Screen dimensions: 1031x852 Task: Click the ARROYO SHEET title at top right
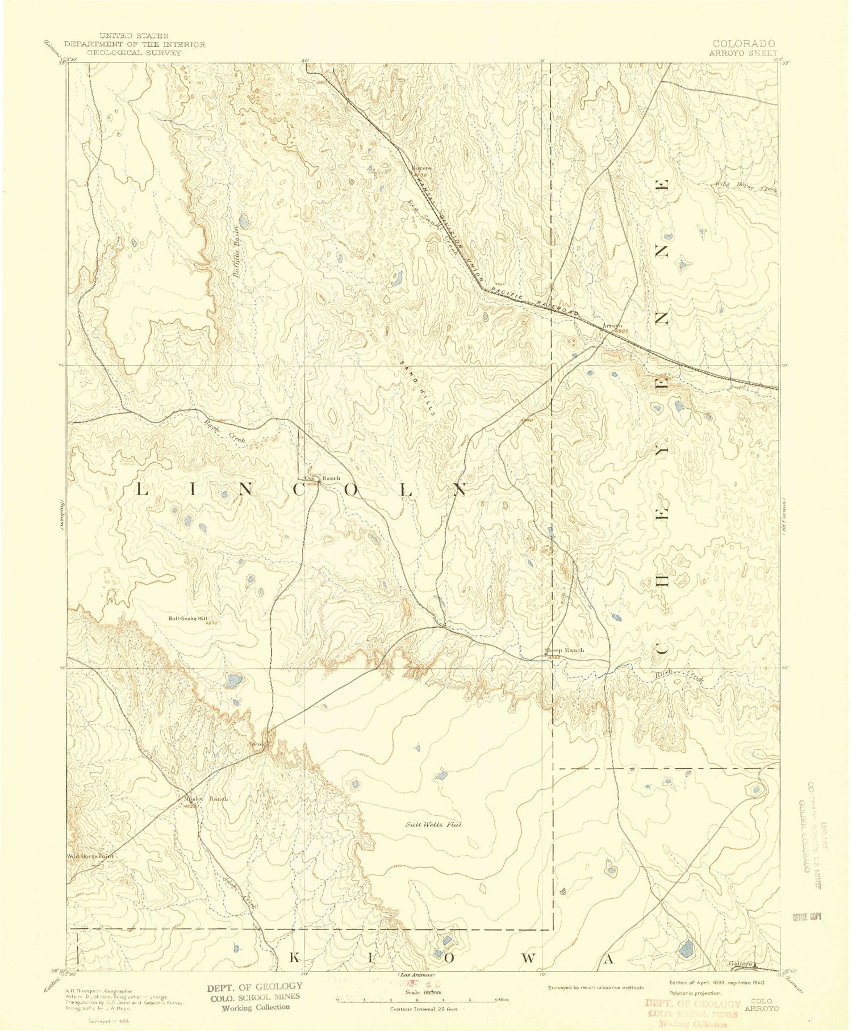(742, 52)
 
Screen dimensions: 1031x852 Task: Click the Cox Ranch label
(322, 478)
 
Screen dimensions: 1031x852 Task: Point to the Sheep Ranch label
(564, 650)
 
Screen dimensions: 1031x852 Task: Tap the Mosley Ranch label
(206, 798)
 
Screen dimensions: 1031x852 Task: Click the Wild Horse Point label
(91, 856)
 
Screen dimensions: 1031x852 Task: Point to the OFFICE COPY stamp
(807, 917)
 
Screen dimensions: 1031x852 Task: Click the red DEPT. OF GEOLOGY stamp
(692, 1004)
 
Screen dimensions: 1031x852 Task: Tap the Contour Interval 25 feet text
(423, 1009)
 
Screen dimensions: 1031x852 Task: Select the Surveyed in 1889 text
(108, 1020)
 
